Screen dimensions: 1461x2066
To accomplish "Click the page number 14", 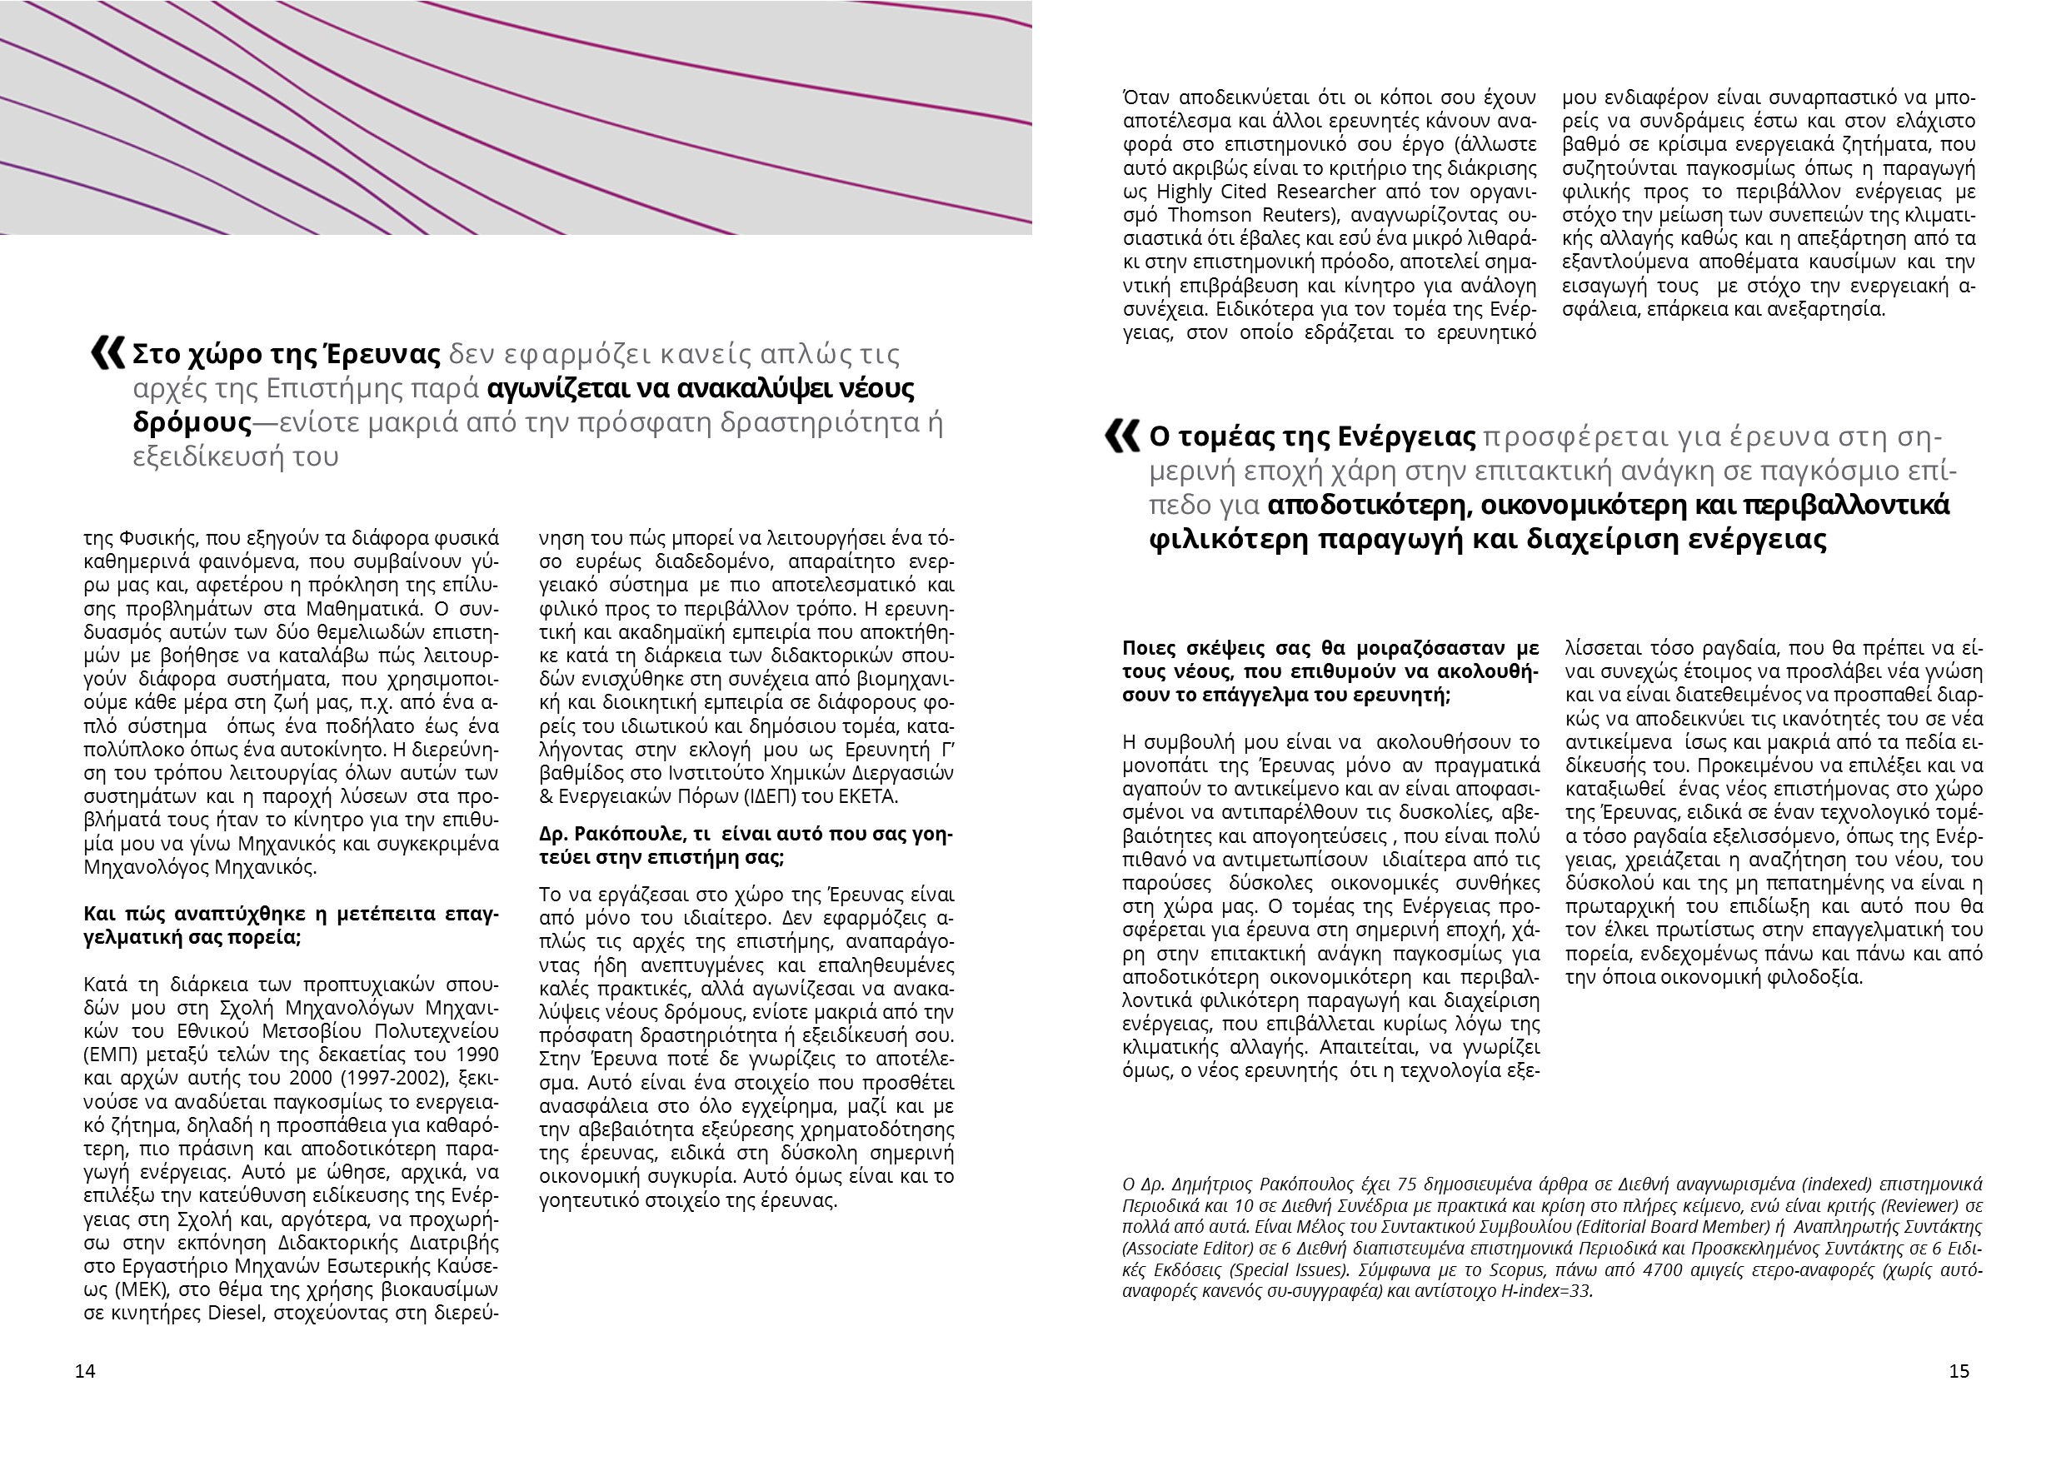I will [85, 1371].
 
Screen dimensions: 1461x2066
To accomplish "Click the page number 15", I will [1959, 1371].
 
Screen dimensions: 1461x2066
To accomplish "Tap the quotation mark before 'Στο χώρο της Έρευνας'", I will [108, 352].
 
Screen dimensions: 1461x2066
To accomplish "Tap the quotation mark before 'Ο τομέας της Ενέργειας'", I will [1122, 436].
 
